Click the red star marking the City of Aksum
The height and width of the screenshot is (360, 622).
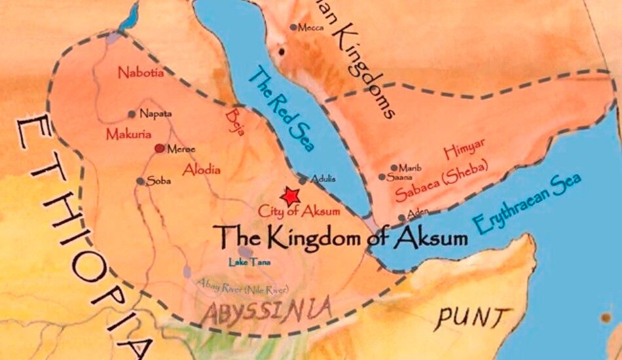click(x=290, y=196)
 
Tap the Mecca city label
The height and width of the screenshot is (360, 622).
click(x=310, y=27)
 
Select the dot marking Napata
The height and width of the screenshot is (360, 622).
click(x=132, y=114)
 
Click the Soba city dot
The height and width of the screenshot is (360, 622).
click(x=140, y=181)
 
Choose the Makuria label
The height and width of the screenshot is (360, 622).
click(x=128, y=134)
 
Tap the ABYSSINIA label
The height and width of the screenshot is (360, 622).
click(x=265, y=308)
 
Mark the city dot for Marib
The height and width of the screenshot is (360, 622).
click(x=394, y=168)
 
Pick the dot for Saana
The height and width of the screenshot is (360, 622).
click(x=382, y=177)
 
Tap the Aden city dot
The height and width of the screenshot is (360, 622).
click(x=402, y=218)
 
